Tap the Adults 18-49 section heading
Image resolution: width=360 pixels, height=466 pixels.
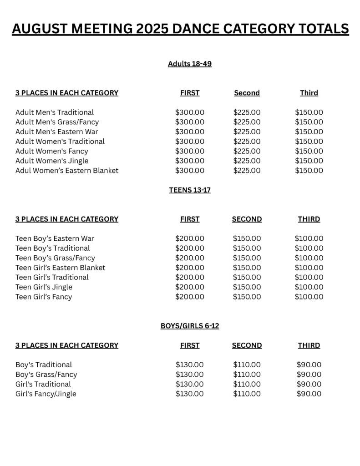click(x=189, y=64)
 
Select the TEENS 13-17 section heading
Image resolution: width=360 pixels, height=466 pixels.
click(x=189, y=190)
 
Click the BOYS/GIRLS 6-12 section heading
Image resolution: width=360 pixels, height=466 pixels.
click(x=189, y=326)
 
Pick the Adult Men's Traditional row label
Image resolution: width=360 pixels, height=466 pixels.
click(x=55, y=112)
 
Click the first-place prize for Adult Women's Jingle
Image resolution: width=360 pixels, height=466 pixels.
click(x=190, y=161)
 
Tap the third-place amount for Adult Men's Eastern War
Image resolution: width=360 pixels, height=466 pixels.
click(x=309, y=132)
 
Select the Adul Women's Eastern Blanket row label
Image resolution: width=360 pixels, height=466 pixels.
click(x=67, y=171)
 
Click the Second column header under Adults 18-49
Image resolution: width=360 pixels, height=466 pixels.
click(x=247, y=93)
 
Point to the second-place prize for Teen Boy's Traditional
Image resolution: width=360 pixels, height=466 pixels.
click(x=247, y=248)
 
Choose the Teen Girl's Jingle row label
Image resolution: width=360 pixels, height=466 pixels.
click(x=44, y=287)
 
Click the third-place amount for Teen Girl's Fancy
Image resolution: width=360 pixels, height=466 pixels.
click(x=309, y=297)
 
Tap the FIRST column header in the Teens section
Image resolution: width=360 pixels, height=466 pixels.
click(x=190, y=219)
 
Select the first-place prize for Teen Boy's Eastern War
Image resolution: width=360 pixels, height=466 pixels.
click(x=190, y=238)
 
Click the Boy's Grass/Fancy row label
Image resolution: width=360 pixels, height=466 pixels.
click(x=46, y=375)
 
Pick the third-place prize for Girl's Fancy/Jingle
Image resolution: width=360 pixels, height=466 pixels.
click(x=309, y=394)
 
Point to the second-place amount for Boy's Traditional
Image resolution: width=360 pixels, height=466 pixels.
click(x=247, y=365)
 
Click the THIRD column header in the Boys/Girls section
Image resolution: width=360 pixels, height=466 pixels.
click(x=309, y=345)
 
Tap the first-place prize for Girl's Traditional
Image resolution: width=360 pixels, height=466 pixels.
click(x=190, y=384)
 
